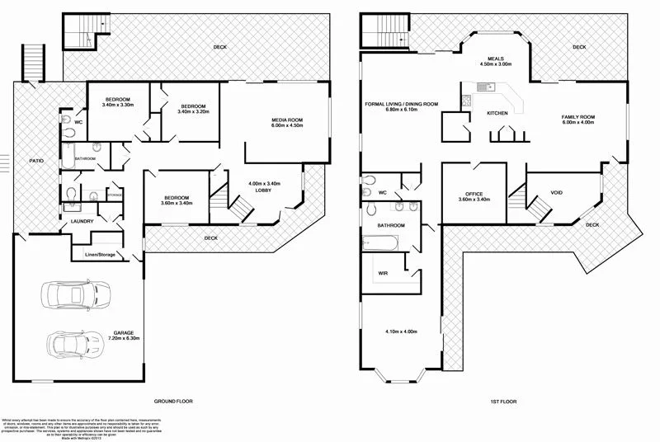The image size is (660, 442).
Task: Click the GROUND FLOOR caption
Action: click(x=172, y=401)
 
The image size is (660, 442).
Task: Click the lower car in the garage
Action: click(x=75, y=341)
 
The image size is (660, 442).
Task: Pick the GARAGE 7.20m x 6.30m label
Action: click(x=126, y=336)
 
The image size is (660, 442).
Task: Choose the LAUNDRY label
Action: click(x=82, y=221)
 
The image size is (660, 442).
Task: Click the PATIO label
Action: click(x=36, y=162)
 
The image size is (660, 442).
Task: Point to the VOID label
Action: click(x=556, y=193)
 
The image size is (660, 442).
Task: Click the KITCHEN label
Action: click(x=497, y=113)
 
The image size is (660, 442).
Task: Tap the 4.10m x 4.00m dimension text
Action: click(x=400, y=331)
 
